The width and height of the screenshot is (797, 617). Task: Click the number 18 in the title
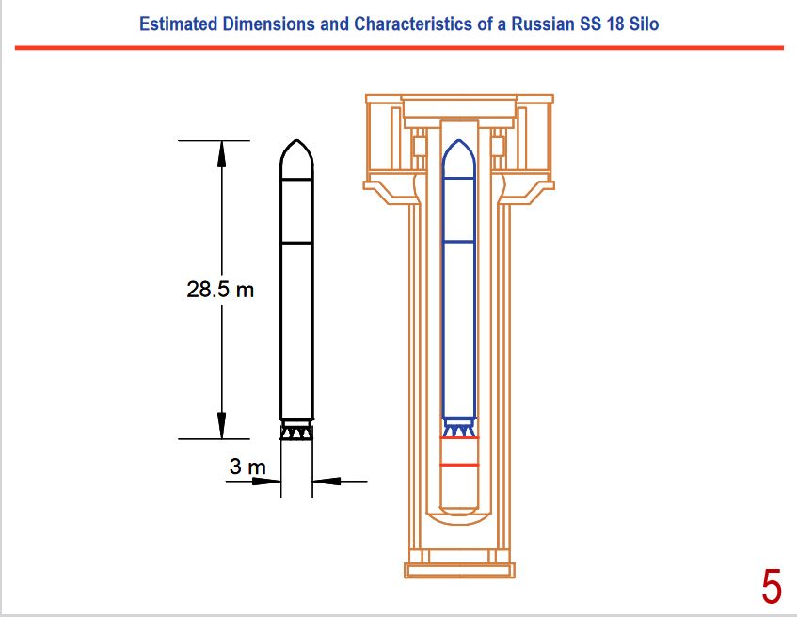pyautogui.click(x=614, y=24)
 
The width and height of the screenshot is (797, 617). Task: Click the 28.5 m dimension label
pyautogui.click(x=220, y=290)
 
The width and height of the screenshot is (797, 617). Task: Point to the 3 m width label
pyautogui.click(x=247, y=467)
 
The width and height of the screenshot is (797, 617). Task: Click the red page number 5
pyautogui.click(x=771, y=587)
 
